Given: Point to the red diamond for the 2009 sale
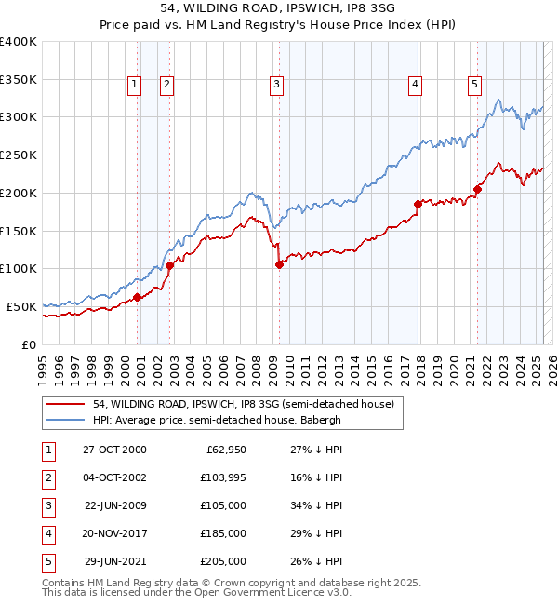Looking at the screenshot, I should coord(279,264).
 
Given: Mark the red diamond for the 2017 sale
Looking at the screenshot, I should coord(418,204).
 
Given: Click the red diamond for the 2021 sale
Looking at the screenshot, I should coord(477,189).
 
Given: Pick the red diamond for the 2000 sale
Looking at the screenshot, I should coord(137,297).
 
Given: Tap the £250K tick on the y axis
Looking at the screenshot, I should coord(19,155).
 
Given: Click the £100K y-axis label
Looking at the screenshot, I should coord(19,268).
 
